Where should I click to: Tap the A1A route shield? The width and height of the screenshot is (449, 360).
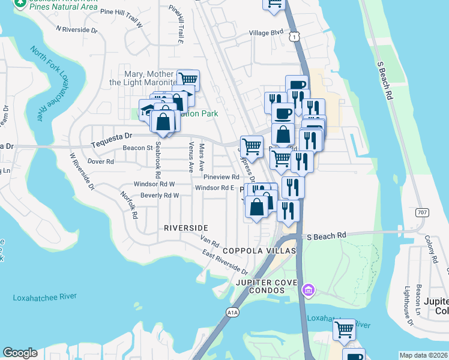(233, 311)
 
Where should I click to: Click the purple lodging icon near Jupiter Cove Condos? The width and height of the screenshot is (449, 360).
(309, 291)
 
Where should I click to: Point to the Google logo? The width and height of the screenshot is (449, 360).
(20, 353)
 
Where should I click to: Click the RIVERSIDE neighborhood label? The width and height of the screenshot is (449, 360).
(186, 228)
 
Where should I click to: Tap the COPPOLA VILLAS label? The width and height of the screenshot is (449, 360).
(259, 250)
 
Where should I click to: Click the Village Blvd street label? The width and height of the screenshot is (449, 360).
(266, 32)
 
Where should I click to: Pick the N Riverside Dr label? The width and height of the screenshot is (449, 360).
(76, 29)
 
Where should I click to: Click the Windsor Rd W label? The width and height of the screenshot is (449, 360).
(154, 184)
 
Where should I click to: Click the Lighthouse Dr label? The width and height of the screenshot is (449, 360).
(409, 305)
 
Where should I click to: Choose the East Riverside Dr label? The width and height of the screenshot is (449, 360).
(225, 263)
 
